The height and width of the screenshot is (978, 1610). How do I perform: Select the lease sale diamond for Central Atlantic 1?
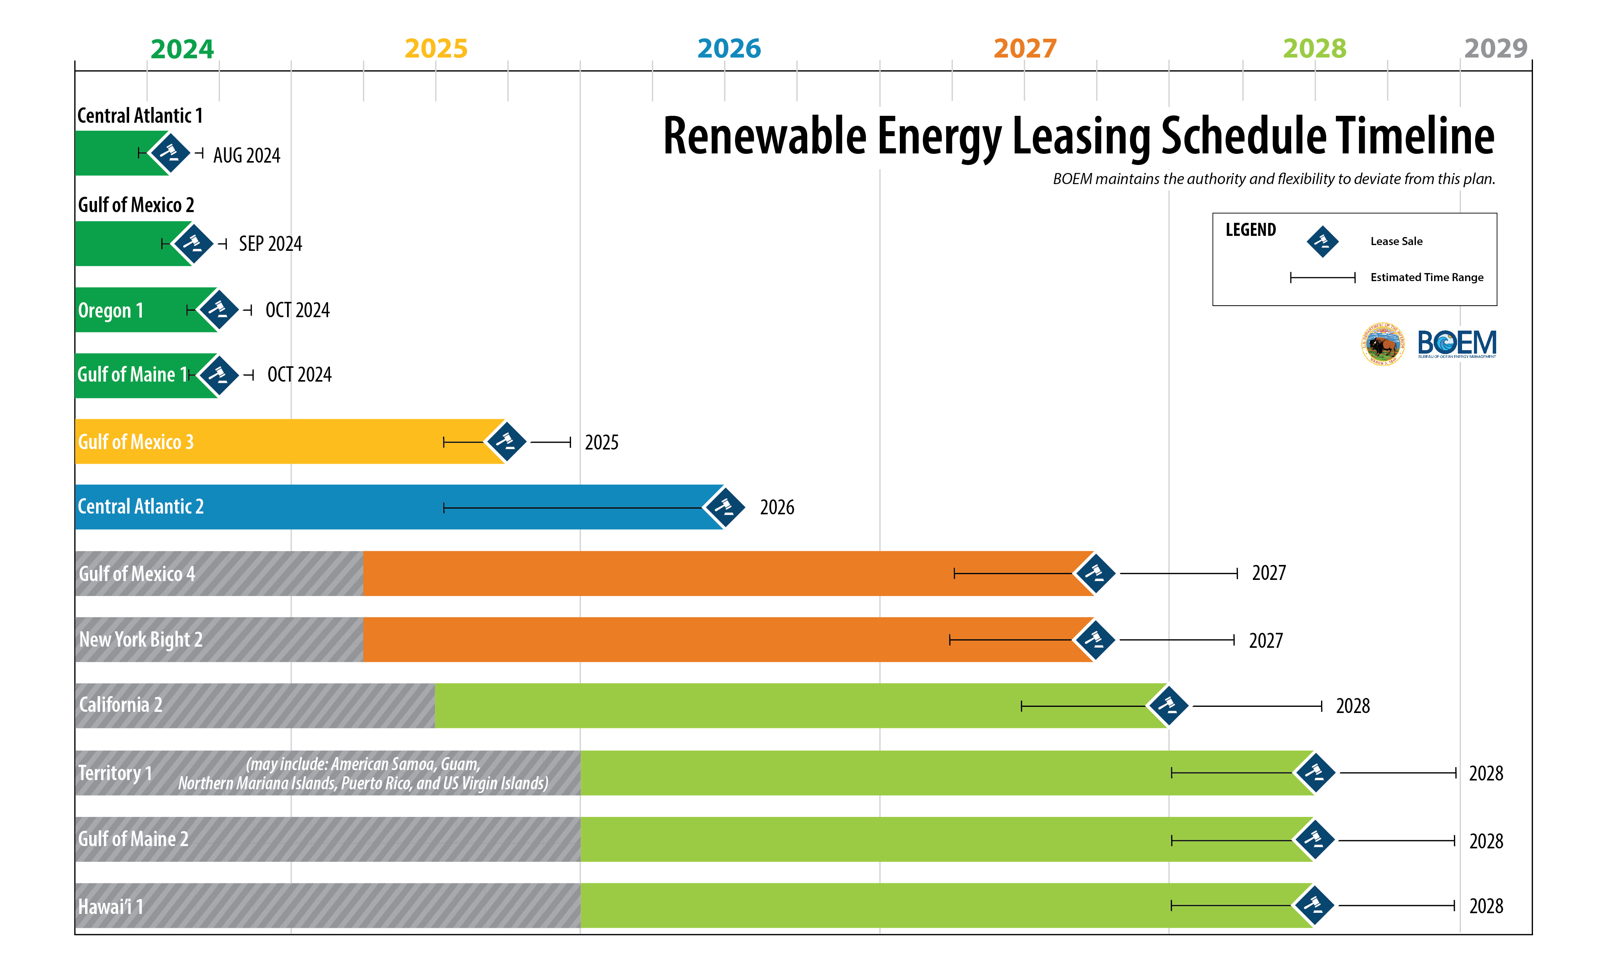170,153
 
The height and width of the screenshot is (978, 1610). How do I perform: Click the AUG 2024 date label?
246,156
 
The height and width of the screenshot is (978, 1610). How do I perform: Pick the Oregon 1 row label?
110,311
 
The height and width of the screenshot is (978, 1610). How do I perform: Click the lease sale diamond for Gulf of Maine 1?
218,375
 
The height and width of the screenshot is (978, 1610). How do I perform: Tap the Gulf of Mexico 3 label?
136,442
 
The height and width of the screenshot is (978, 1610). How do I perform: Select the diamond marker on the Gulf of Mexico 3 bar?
506,442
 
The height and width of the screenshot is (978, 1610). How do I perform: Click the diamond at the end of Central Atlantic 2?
724,507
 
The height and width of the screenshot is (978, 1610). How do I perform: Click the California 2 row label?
120,705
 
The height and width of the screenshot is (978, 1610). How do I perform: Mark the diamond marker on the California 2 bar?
1168,705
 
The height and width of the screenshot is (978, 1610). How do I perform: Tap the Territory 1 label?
115,773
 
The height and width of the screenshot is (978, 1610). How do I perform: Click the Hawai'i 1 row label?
110,906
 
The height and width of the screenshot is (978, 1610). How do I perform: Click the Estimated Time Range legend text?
1426,277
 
